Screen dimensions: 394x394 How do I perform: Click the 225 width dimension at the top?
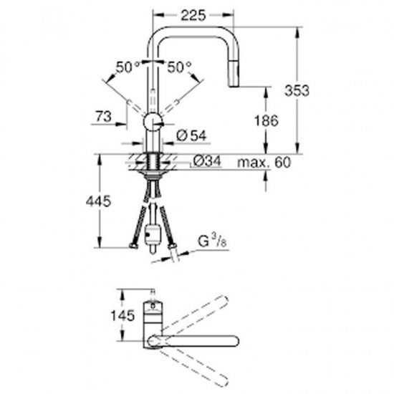coord(193,16)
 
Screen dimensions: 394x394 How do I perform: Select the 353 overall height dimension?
coord(297,90)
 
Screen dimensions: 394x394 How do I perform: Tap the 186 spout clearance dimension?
coord(266,120)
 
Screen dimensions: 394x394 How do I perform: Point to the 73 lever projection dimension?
coord(104,116)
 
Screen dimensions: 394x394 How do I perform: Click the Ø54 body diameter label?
coord(191,136)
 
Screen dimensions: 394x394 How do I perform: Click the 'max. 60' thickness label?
coord(264,163)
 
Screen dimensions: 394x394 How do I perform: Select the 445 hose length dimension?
coord(98,201)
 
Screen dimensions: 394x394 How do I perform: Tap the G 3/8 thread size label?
coord(212,241)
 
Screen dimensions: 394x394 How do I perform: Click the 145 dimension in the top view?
coord(123,316)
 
